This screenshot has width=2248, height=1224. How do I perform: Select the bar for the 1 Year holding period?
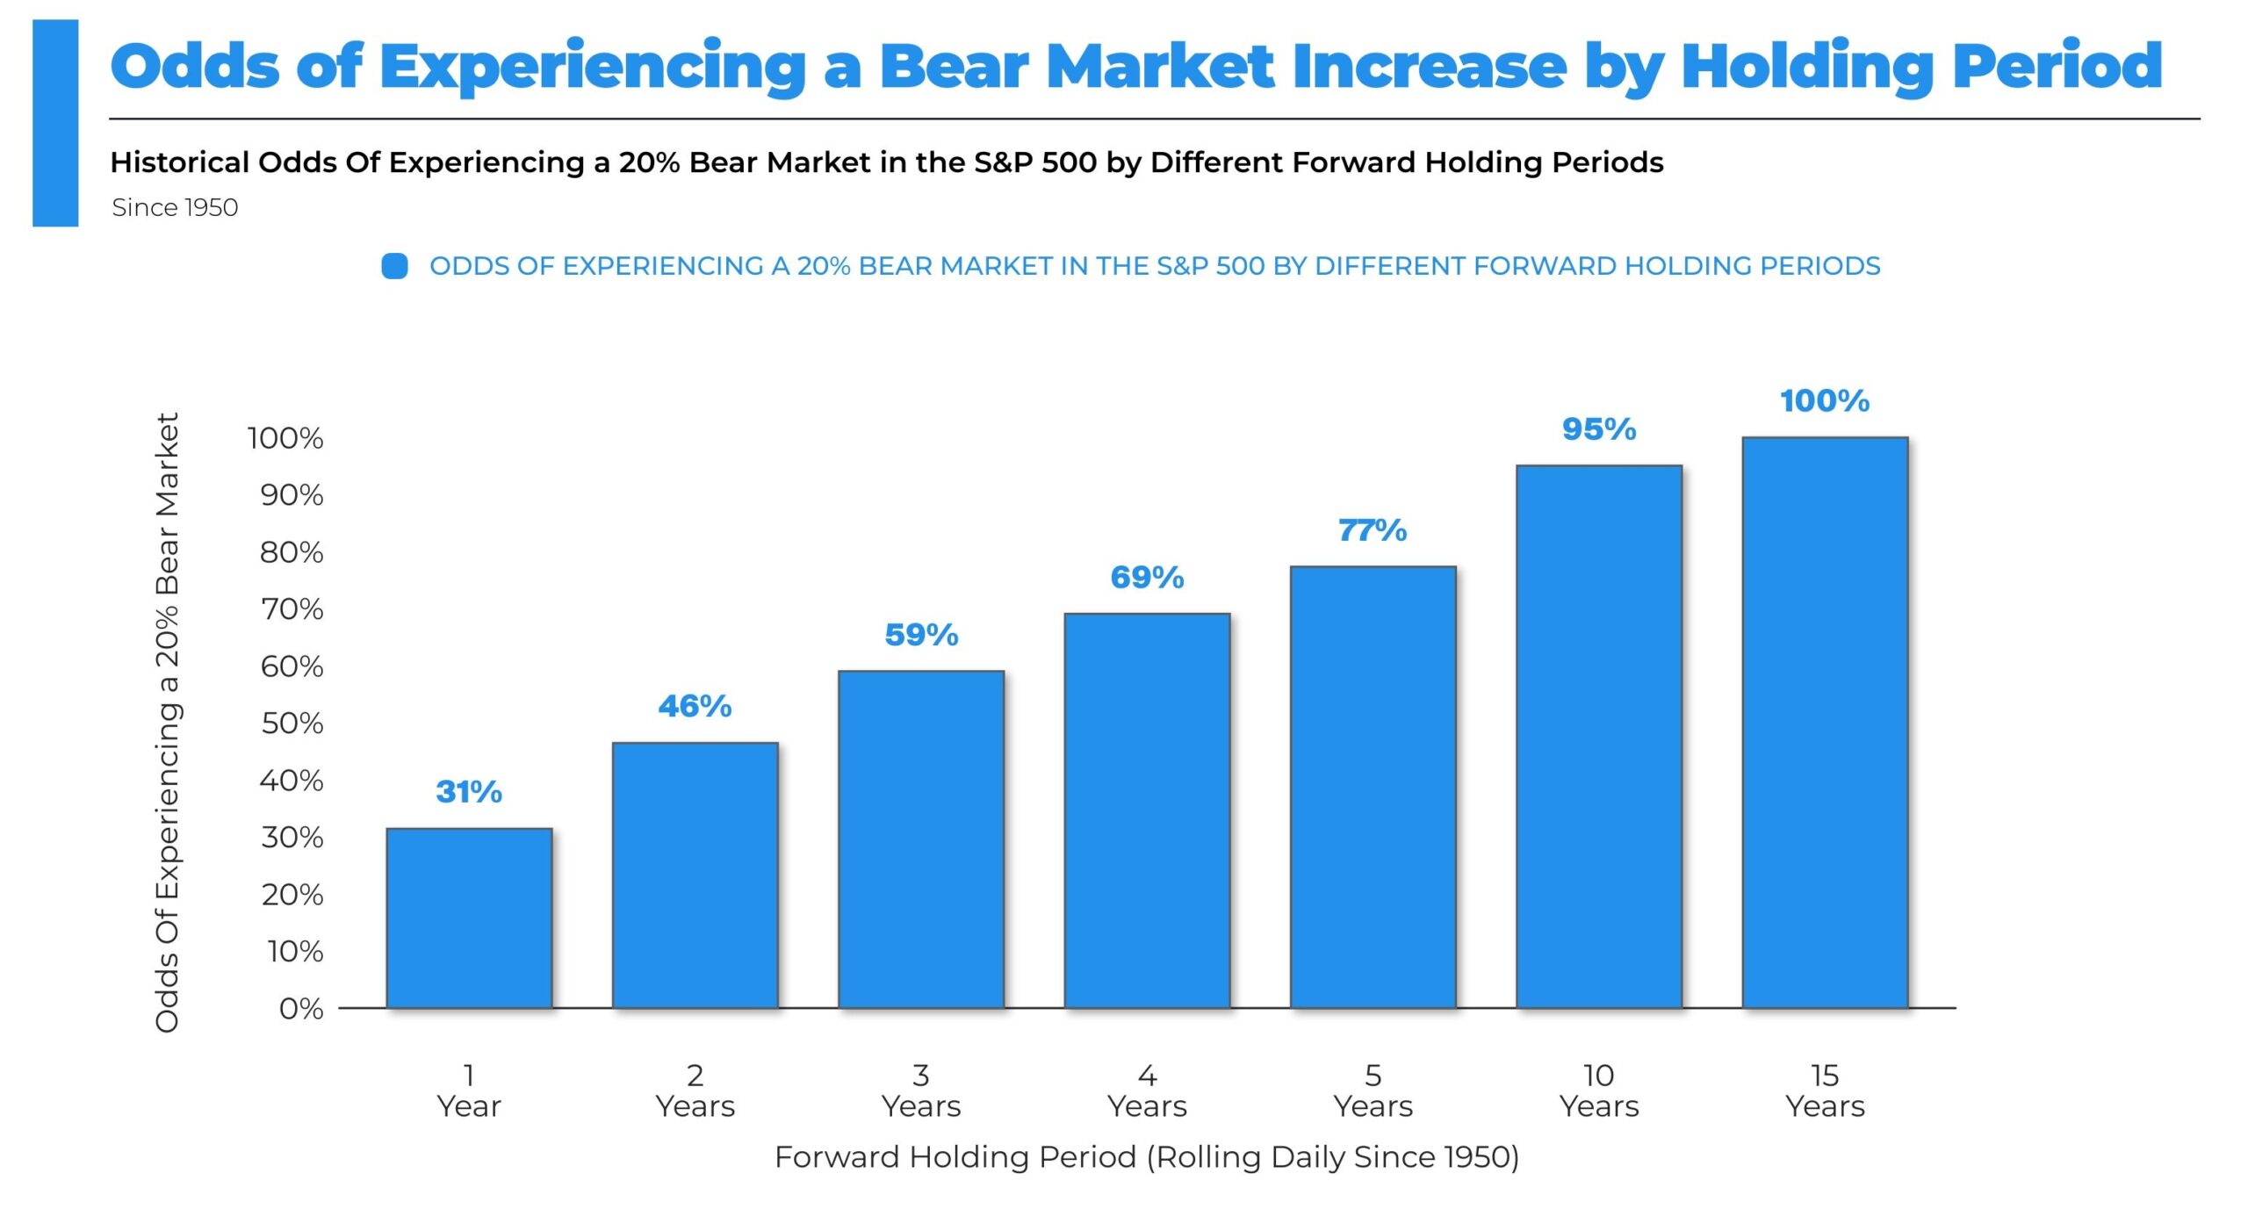point(469,918)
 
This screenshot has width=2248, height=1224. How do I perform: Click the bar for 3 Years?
point(921,839)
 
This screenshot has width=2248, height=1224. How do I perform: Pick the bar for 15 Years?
point(1825,722)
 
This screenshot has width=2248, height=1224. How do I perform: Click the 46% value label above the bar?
point(695,706)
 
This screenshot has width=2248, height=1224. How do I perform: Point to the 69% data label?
point(1147,577)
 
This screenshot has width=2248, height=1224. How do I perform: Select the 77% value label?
point(1373,530)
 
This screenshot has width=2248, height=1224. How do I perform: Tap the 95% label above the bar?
point(1599,429)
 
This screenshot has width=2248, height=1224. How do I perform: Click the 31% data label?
point(469,792)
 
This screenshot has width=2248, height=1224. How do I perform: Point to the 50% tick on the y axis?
point(292,724)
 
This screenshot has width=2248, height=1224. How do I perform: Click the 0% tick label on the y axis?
point(301,1009)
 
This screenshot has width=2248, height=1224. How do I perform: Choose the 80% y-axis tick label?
point(292,552)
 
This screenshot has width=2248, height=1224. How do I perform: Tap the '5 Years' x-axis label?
point(1373,1091)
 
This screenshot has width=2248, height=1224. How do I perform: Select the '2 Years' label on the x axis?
point(695,1091)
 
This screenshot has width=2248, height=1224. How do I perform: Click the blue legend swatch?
point(394,266)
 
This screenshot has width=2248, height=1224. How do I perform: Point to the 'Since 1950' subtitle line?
point(175,207)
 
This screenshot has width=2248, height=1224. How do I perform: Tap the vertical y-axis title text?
point(167,722)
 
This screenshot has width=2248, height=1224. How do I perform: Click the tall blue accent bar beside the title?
point(55,123)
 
